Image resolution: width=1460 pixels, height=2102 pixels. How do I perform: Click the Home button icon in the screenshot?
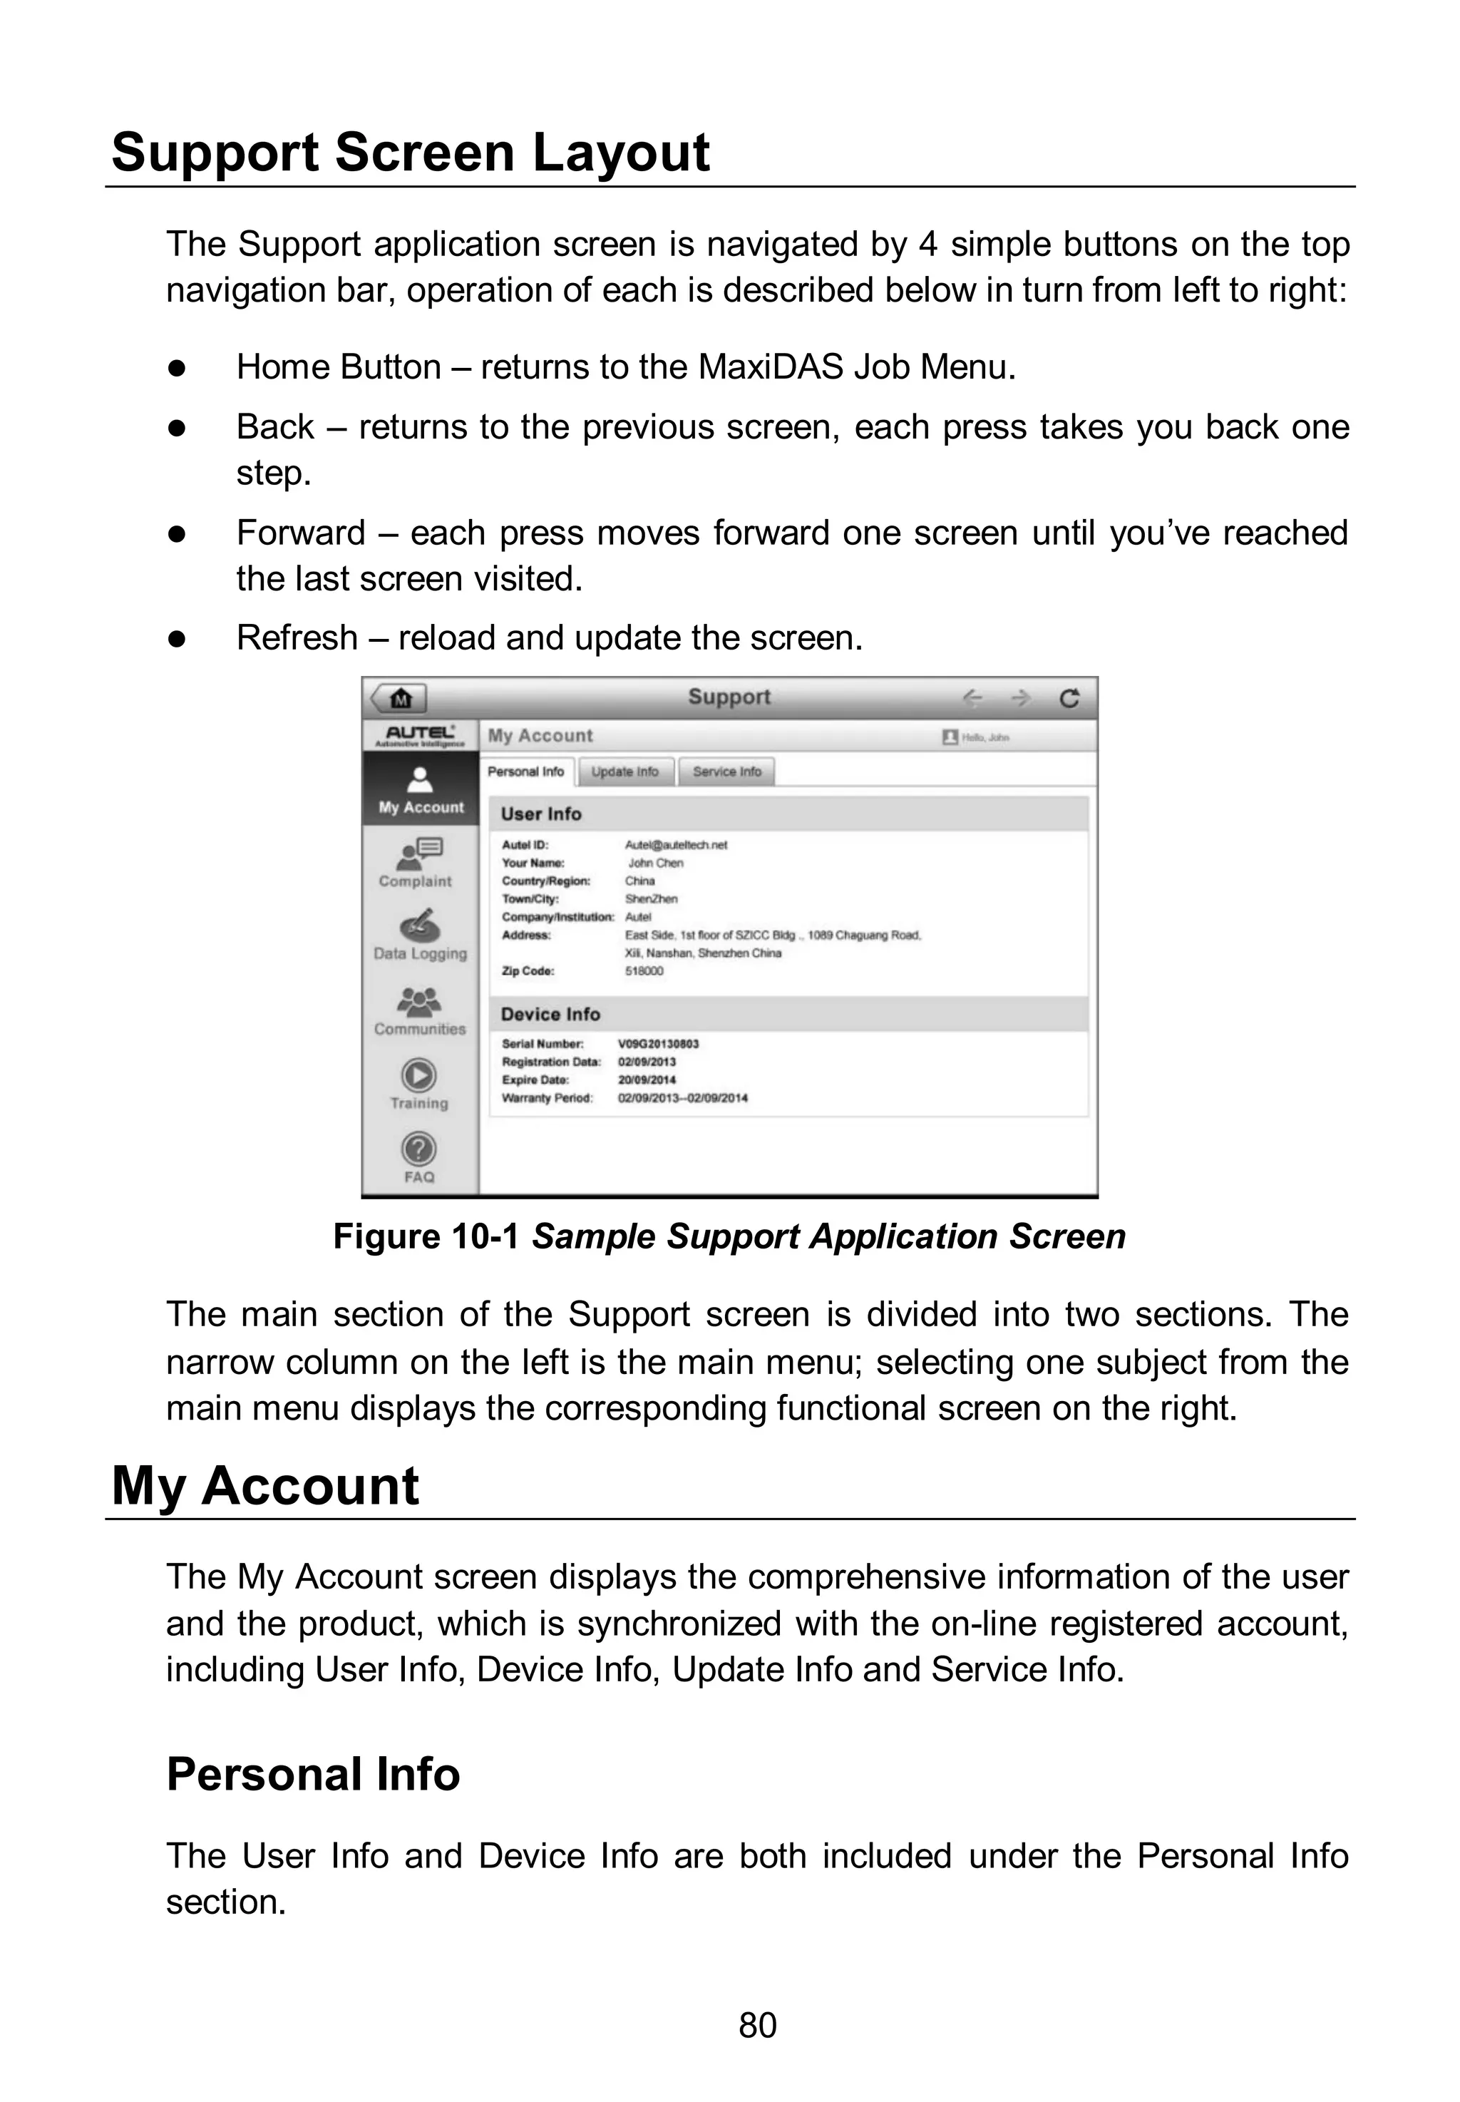[400, 699]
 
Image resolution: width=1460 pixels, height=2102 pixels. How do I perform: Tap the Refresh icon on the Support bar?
[1069, 699]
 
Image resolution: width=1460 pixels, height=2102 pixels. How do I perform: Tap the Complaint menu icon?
[420, 854]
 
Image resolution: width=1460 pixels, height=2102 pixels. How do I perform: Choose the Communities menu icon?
[420, 1002]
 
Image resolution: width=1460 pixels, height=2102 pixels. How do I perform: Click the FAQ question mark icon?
[419, 1149]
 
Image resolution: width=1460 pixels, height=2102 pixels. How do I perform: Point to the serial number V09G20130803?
[659, 1044]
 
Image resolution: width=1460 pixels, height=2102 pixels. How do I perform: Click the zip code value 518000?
[644, 971]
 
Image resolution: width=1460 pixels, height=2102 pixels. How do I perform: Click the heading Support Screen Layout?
[411, 152]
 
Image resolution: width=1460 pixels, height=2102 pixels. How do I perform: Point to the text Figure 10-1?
[426, 1236]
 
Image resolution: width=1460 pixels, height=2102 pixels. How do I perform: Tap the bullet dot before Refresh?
[178, 640]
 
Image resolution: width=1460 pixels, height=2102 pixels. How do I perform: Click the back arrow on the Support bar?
[972, 699]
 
